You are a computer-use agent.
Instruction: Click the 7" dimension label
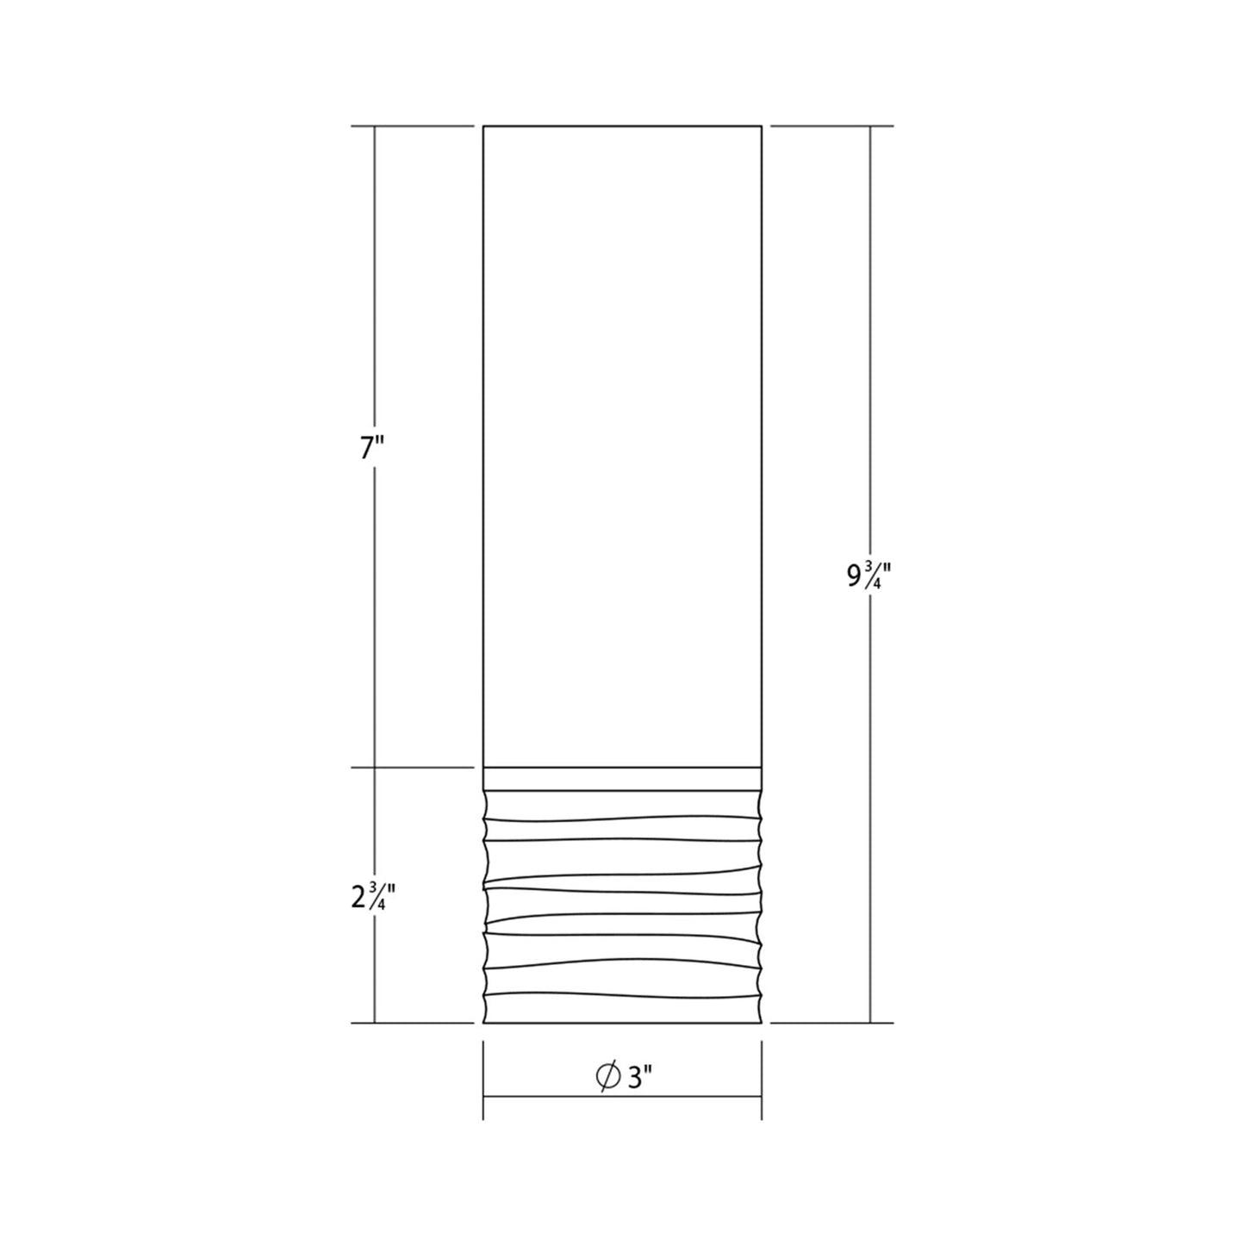click(x=370, y=450)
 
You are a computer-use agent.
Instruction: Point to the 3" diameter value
click(x=640, y=1077)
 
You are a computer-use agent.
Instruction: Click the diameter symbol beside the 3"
click(x=608, y=1077)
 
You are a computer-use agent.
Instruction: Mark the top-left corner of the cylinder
click(x=483, y=127)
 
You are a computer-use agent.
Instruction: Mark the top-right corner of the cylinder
click(x=762, y=127)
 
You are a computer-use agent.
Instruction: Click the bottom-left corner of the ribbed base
click(x=484, y=1023)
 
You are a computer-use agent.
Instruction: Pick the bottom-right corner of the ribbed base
click(x=761, y=1023)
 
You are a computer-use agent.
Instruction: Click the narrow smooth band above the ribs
click(x=622, y=778)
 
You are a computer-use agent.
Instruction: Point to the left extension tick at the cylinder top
click(x=413, y=127)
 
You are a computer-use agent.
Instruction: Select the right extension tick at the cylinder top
click(x=831, y=127)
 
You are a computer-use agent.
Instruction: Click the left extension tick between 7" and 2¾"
click(x=413, y=767)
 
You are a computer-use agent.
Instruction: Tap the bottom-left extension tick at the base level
click(x=413, y=1024)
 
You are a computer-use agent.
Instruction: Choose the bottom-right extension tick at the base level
click(x=831, y=1024)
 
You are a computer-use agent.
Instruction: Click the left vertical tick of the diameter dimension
click(x=483, y=1080)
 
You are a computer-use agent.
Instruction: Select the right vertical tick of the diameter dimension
click(x=762, y=1080)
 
